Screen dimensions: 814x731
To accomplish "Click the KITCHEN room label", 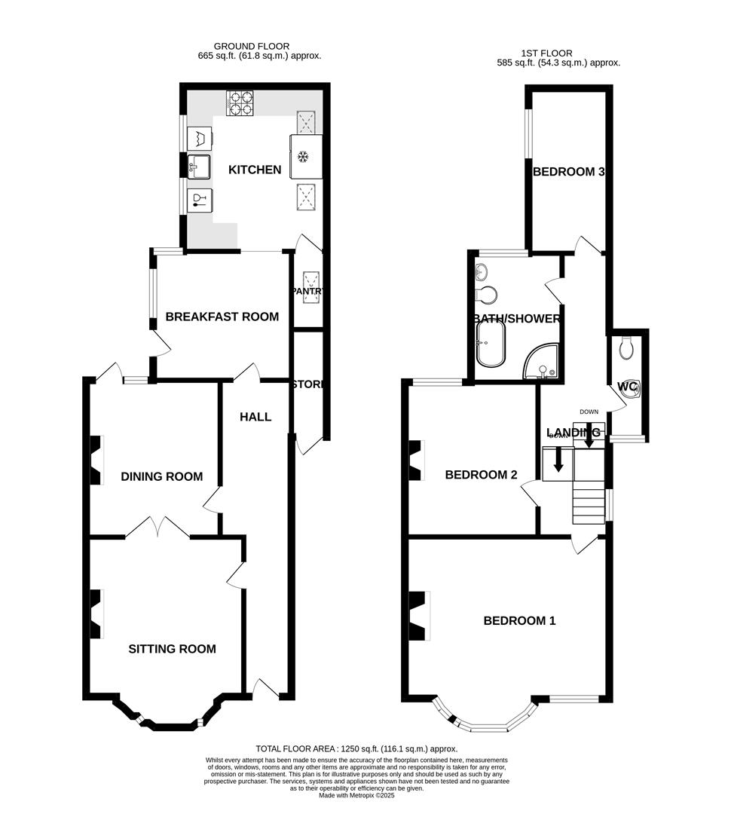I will (255, 170).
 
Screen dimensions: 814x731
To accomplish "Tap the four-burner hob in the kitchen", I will (239, 103).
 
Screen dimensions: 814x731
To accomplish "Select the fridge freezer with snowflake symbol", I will (305, 157).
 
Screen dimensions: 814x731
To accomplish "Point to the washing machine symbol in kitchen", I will (200, 139).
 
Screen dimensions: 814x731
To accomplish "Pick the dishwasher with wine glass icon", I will (200, 200).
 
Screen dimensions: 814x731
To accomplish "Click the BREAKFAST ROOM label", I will (222, 317).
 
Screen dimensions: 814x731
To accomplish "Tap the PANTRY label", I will (307, 291).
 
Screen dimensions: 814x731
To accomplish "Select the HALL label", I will (255, 417).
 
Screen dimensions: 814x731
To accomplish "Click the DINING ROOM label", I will (161, 476).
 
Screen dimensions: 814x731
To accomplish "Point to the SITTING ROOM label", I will (172, 649).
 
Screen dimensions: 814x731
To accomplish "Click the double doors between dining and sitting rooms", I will (158, 527).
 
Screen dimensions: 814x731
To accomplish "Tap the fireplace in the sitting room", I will (96, 614).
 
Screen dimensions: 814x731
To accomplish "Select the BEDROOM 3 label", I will (568, 172).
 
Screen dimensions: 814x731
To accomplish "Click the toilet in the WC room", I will (625, 347).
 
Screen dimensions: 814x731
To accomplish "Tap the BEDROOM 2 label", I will (481, 475).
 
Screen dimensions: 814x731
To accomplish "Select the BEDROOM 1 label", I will (519, 621).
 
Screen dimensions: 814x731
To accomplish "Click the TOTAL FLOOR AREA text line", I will (356, 749).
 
